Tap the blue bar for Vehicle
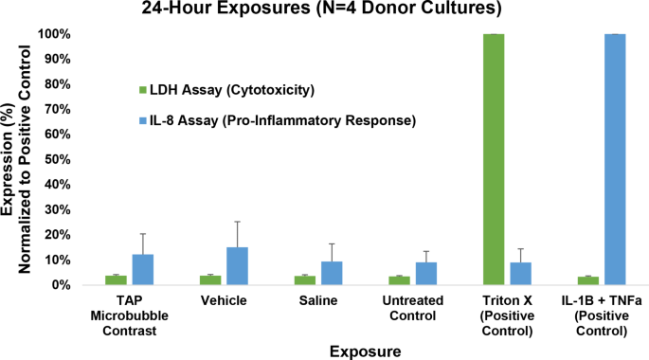[237, 266]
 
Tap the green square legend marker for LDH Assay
[143, 91]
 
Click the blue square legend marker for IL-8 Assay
[143, 121]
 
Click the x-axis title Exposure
[366, 351]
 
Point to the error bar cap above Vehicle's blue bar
[237, 222]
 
